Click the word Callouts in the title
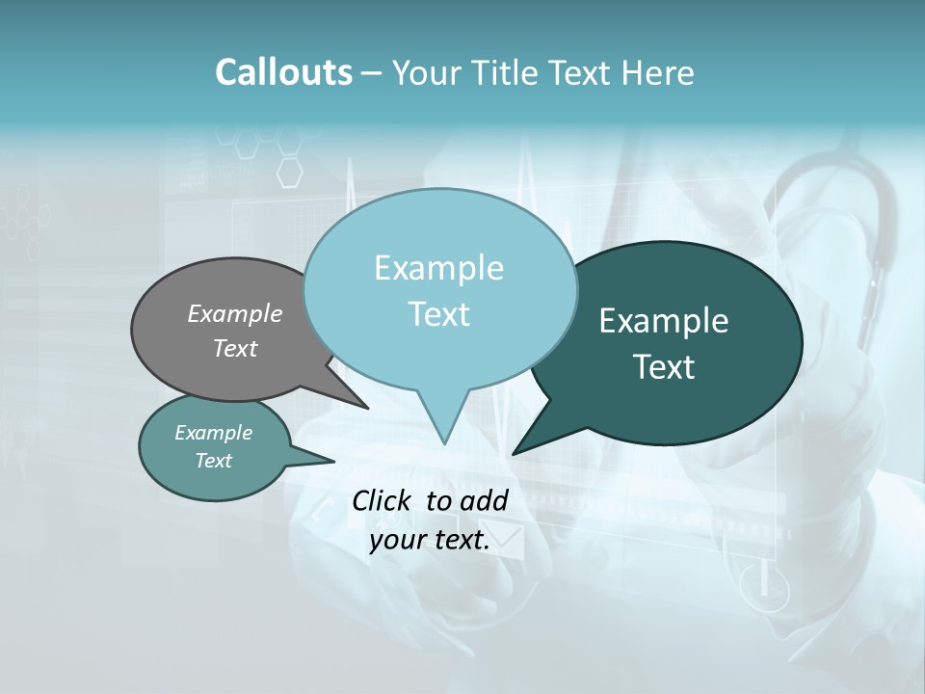coord(283,72)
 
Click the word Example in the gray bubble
coord(235,314)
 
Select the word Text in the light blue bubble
coord(439,314)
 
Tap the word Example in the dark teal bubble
coord(664,321)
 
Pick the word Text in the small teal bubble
coord(214,461)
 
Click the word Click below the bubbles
coord(383,500)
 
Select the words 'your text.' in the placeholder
coord(430,541)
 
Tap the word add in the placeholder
coord(484,500)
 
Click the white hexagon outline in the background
coord(289,172)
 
